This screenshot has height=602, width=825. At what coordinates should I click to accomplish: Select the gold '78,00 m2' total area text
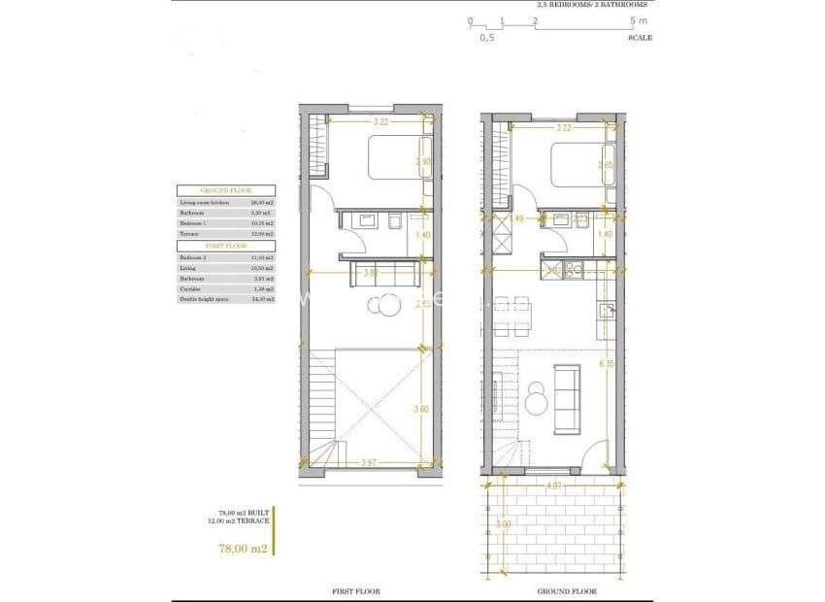point(244,549)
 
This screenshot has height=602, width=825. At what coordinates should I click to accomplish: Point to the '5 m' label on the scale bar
point(636,20)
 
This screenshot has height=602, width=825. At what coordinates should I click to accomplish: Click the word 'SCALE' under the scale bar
point(640,38)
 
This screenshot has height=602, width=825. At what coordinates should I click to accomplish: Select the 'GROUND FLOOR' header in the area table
point(225,191)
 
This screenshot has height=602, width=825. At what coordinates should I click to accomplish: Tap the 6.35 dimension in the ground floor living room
point(607,364)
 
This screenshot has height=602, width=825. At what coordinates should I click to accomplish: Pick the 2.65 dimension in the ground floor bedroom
point(606,166)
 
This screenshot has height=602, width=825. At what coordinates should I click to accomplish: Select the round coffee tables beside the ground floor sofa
point(537,398)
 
